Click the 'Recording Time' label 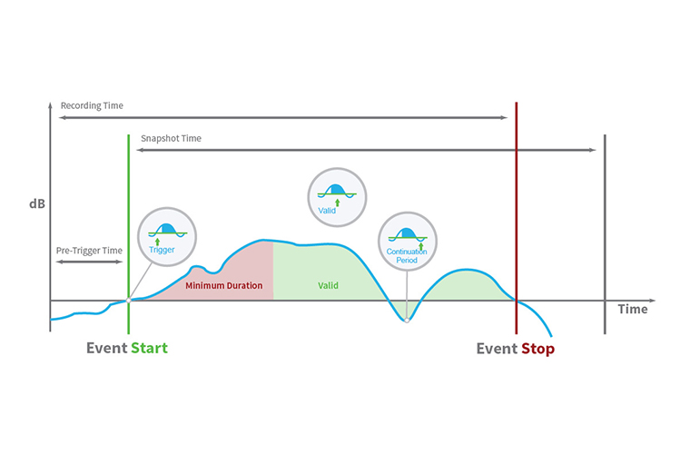point(92,105)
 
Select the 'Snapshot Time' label point(171,138)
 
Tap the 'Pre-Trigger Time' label point(88,250)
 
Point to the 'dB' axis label point(35,203)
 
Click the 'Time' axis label point(633,309)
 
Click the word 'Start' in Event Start point(149,348)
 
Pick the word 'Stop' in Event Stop point(537,348)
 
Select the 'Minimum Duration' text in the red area point(223,285)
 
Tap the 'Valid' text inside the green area point(328,285)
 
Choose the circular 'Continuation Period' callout point(407,242)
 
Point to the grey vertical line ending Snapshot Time point(605,227)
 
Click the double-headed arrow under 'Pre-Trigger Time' point(88,262)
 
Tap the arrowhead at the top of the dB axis point(50,106)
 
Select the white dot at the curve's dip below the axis point(407,320)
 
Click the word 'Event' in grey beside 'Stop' point(497,348)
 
